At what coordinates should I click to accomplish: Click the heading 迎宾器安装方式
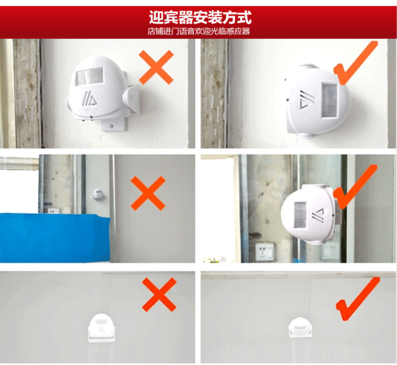(x=200, y=18)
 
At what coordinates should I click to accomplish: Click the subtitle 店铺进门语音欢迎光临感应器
(x=198, y=31)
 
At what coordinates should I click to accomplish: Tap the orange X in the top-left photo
(x=156, y=67)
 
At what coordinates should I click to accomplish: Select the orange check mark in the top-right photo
(x=356, y=63)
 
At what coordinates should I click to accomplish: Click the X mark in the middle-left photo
(x=148, y=194)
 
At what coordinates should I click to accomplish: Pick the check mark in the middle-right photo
(x=355, y=187)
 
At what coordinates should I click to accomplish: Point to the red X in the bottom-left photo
(x=159, y=294)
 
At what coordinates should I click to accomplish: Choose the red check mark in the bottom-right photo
(x=358, y=299)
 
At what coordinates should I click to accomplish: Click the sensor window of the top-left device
(x=90, y=76)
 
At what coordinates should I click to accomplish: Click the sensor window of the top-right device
(x=330, y=100)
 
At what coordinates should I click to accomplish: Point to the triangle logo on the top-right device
(x=308, y=99)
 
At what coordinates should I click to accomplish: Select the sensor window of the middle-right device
(x=300, y=215)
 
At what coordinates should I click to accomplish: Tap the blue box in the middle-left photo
(x=55, y=238)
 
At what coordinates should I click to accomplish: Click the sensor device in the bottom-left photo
(x=102, y=328)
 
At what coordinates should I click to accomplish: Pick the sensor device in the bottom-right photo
(x=300, y=327)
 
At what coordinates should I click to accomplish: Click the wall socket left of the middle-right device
(x=265, y=251)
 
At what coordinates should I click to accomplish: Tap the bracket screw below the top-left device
(x=111, y=125)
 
